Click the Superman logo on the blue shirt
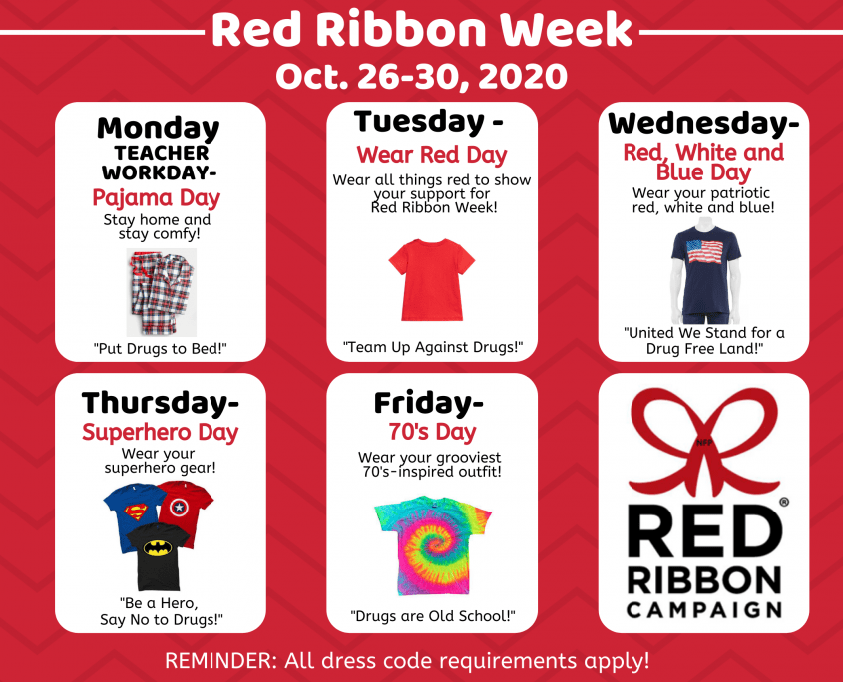(x=136, y=512)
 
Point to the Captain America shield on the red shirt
(x=179, y=508)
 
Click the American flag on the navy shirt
(x=705, y=251)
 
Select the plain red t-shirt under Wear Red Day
(x=432, y=280)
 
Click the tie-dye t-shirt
(x=432, y=546)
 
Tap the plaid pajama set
(x=162, y=292)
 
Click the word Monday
(x=158, y=129)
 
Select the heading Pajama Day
(x=156, y=197)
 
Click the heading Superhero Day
(x=161, y=432)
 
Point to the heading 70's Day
(x=432, y=431)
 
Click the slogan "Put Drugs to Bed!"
(x=161, y=349)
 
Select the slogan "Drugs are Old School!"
(x=433, y=616)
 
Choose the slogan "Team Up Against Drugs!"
(x=433, y=347)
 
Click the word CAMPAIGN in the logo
(x=704, y=610)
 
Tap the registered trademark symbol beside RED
(x=784, y=502)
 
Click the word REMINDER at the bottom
(x=220, y=660)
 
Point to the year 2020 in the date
(x=522, y=77)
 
